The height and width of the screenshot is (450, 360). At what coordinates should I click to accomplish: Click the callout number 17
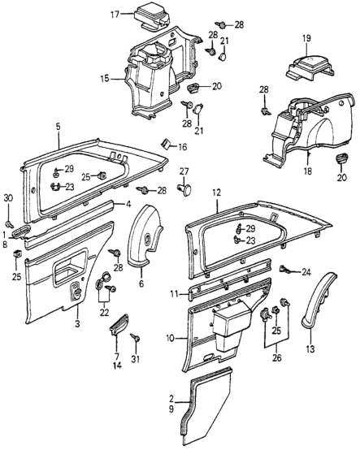click(115, 15)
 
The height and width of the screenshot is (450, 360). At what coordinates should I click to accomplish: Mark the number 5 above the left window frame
click(58, 128)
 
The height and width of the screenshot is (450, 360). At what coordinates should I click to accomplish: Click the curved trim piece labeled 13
click(315, 301)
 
